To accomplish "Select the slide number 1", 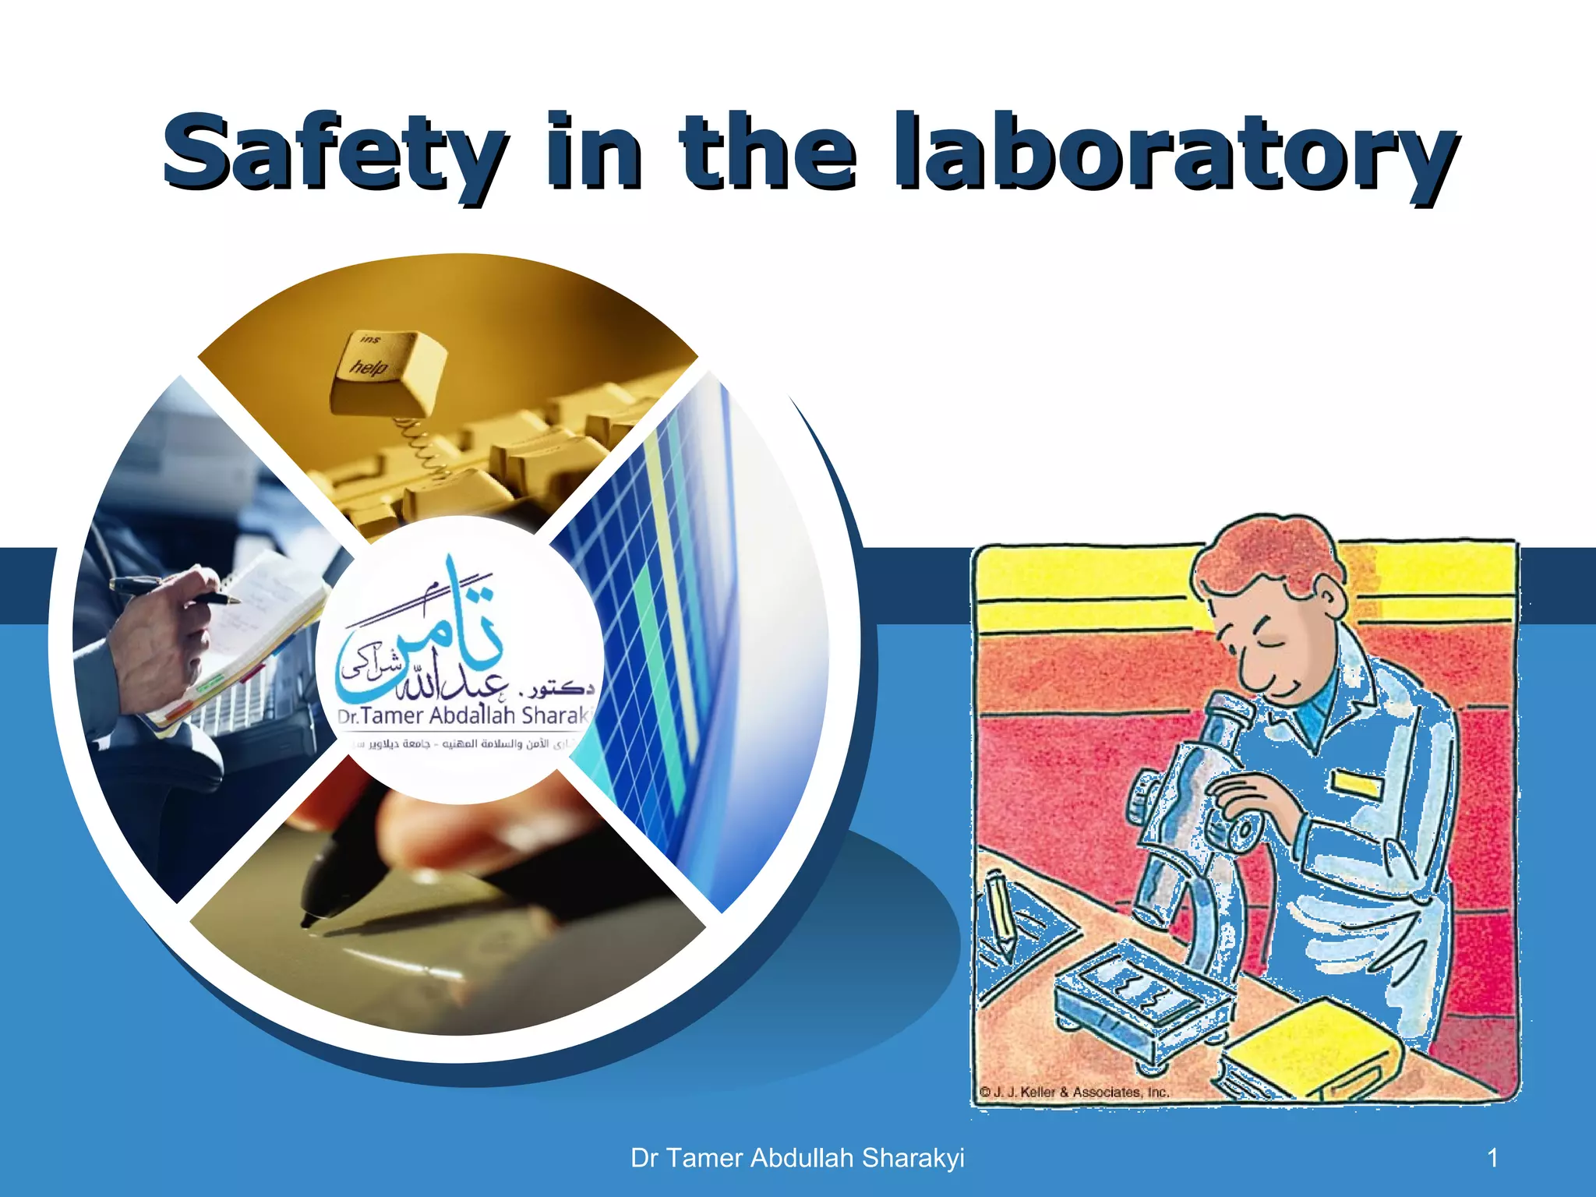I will click(x=1492, y=1158).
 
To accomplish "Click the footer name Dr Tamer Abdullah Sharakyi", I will click(x=797, y=1158).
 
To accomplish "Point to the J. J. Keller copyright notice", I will click(x=1074, y=1092).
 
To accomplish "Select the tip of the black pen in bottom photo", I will click(x=308, y=923).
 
